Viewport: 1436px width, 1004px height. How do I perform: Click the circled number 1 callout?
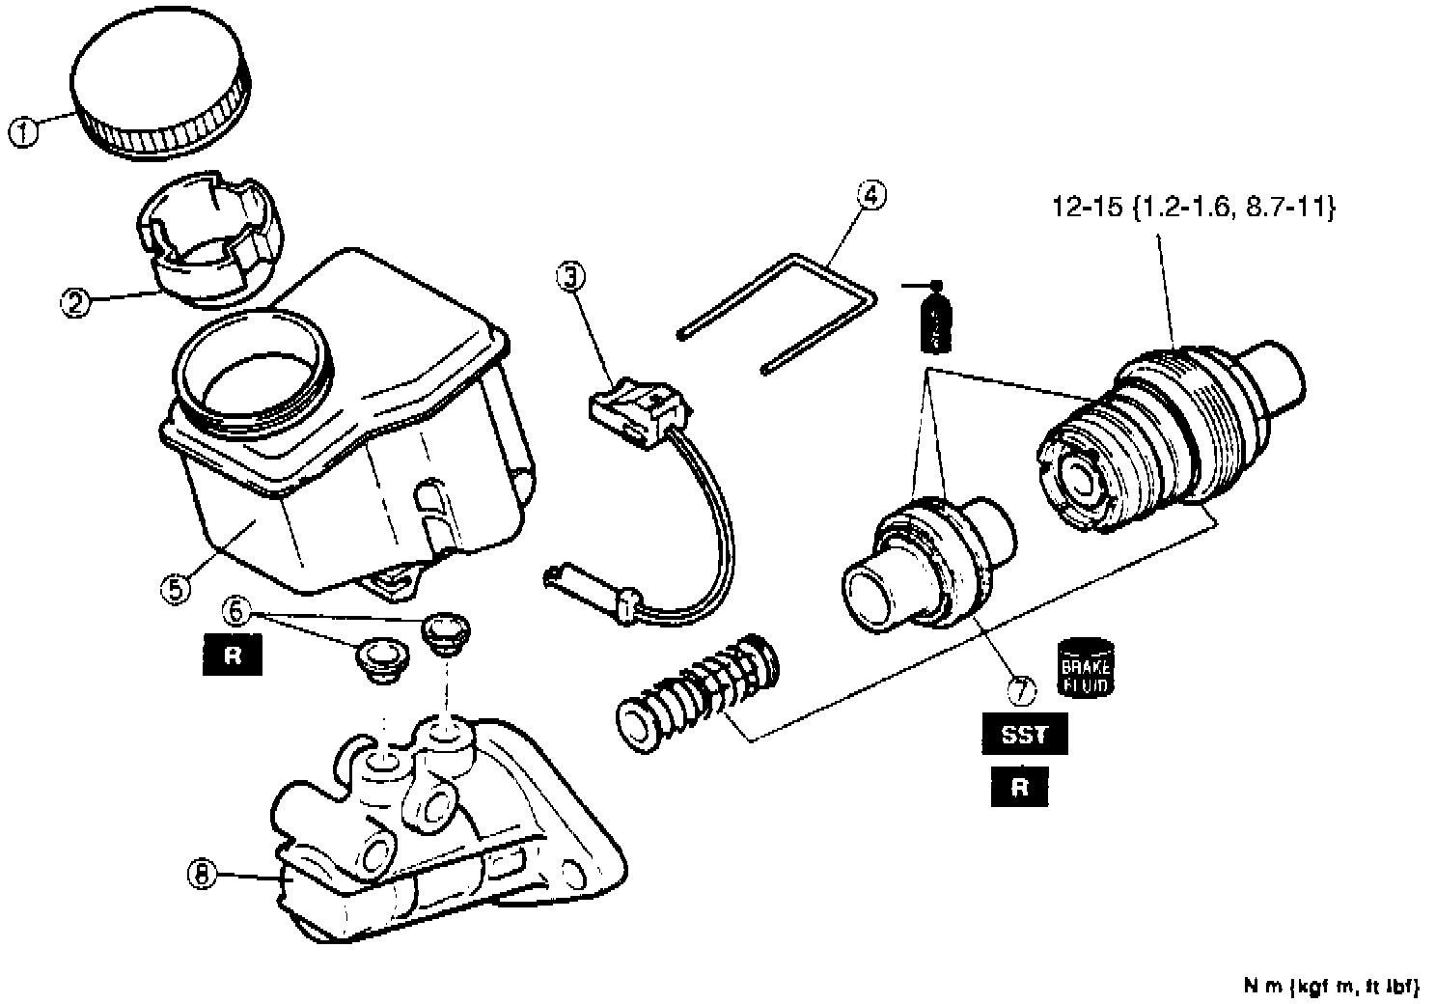[24, 131]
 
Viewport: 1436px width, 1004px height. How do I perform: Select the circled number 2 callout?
[75, 302]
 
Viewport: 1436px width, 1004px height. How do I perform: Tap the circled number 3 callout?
[570, 277]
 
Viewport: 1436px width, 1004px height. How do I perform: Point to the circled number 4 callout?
[870, 195]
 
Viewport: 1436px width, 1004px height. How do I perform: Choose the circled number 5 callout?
[175, 589]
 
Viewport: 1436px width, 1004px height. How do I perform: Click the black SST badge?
[1025, 736]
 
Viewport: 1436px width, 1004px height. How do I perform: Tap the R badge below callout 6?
[232, 657]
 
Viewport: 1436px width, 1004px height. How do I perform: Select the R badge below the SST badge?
[1020, 788]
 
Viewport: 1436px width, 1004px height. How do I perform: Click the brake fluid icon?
[1086, 667]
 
